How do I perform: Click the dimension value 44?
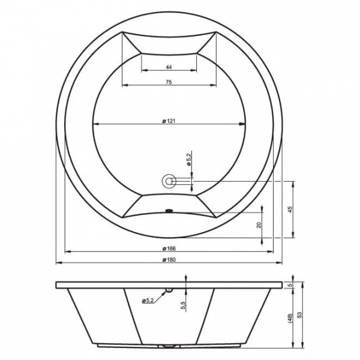click(169, 67)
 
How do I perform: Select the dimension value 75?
click(169, 82)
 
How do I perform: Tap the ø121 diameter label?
click(169, 121)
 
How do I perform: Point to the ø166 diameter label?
click(169, 248)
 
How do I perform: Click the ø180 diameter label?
click(169, 260)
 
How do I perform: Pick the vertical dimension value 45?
click(290, 209)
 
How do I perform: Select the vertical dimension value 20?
click(259, 225)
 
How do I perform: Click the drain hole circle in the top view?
click(169, 181)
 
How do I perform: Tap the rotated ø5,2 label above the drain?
click(189, 158)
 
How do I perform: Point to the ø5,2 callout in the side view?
click(148, 301)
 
